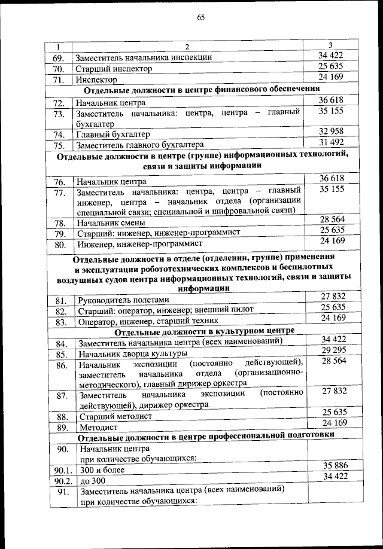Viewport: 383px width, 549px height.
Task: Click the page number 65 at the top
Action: [x=201, y=17]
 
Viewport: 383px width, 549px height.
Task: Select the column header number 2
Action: [x=187, y=47]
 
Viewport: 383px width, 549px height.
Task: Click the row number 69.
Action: [x=58, y=58]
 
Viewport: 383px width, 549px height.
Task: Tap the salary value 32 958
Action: [x=331, y=131]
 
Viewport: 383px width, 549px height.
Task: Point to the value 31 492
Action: [x=331, y=142]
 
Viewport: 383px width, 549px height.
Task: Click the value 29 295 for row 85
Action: [x=331, y=350]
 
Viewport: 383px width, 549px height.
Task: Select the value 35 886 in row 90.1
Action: [x=331, y=465]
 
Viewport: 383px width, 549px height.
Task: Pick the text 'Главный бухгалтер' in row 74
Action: [x=113, y=134]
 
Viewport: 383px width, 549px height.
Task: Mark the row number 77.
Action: [x=58, y=193]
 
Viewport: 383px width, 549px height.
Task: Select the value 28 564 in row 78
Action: [x=331, y=219]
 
